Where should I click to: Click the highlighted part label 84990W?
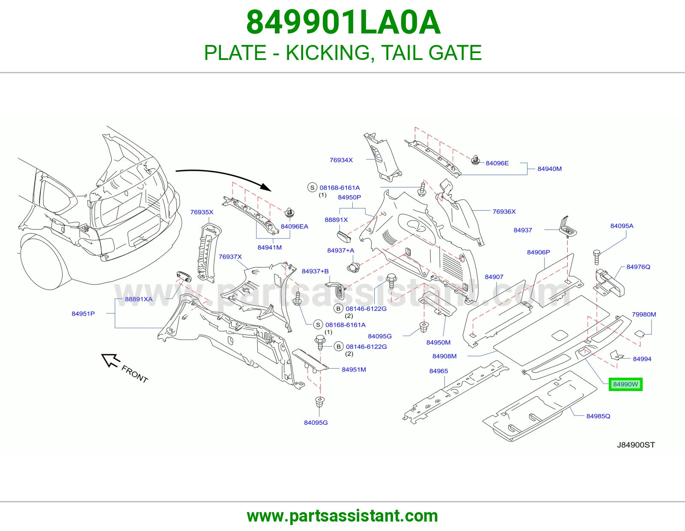[625, 385]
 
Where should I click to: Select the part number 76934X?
[341, 160]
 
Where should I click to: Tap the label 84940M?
[549, 169]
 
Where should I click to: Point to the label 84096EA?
[295, 227]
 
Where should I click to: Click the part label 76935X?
[202, 212]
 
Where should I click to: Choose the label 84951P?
[83, 313]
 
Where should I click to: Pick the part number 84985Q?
[599, 416]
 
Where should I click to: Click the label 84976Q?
[638, 267]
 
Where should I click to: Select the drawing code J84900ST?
[636, 445]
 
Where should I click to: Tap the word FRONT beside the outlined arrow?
[134, 374]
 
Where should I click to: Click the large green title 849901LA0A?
[343, 22]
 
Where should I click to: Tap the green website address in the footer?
[342, 516]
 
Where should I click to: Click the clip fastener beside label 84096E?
[475, 160]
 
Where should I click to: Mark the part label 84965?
[438, 371]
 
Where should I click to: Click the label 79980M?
[644, 314]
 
